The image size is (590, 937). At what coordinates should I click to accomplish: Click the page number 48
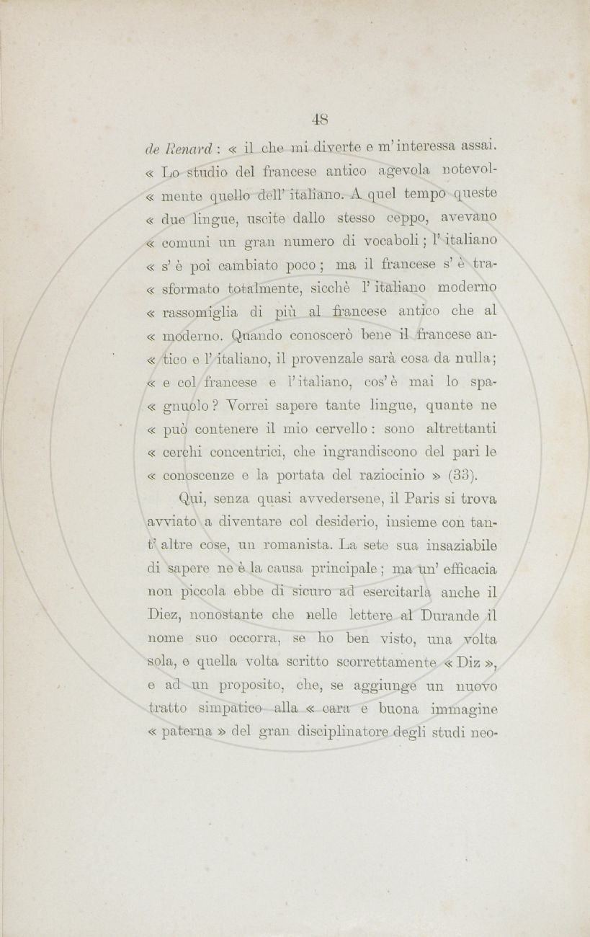pos(321,118)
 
